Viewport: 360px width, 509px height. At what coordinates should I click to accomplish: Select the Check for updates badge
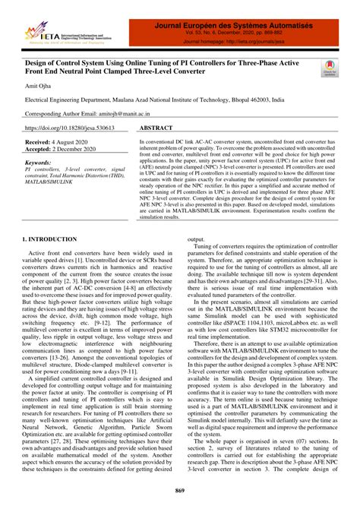(x=327, y=69)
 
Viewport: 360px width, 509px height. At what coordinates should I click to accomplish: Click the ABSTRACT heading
(x=163, y=129)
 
